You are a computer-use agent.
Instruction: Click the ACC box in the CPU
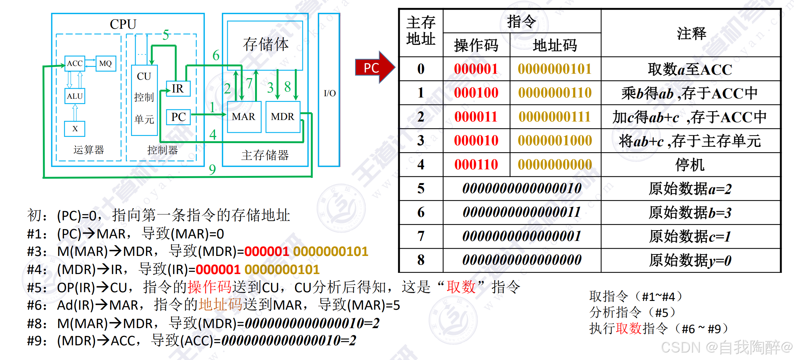pos(75,63)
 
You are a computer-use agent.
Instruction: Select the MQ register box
pos(106,63)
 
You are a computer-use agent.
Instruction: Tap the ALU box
pos(75,96)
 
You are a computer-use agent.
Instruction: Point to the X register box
pos(75,129)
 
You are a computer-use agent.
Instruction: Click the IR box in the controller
pos(178,89)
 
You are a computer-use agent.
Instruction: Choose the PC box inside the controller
pos(178,117)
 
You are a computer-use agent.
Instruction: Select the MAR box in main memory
pos(244,117)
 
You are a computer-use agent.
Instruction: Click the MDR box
pos(283,117)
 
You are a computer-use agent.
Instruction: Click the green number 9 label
pos(213,170)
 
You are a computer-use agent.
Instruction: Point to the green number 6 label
pos(216,56)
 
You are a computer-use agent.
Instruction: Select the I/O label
pos(329,93)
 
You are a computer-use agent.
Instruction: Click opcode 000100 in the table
pos(476,93)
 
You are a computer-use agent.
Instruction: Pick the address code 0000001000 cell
pos(555,141)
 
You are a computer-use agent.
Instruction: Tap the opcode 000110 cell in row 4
pos(476,165)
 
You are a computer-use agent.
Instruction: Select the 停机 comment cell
pos(690,165)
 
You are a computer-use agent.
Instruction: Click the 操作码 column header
pos(476,45)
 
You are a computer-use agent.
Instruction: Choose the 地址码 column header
pos(555,45)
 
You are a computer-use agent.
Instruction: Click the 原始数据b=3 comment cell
pos(690,213)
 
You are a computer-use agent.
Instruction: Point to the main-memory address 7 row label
pos(421,236)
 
